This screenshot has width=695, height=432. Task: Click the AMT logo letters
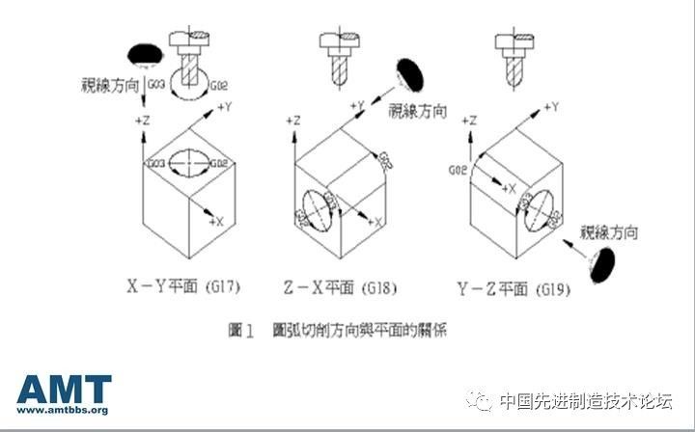63,389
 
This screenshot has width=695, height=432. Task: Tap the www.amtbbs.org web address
63,410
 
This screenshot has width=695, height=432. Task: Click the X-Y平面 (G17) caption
183,285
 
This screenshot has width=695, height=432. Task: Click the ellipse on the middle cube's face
318,207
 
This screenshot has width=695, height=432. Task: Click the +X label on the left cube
214,221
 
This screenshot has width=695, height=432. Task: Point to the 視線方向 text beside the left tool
109,84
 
